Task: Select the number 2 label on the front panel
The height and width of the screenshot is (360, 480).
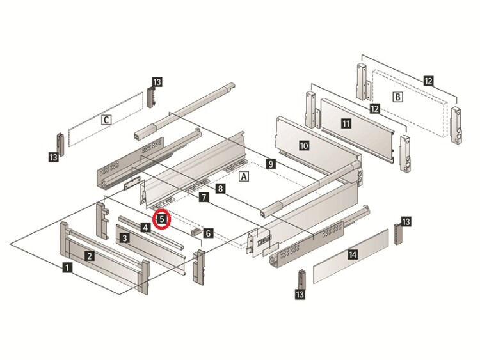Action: pos(90,256)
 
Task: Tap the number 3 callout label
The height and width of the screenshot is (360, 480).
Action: pos(125,238)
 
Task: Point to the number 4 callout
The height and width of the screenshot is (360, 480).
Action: pos(146,228)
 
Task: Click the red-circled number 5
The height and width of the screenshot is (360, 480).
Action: pos(163,219)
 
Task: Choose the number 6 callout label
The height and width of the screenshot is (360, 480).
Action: pos(209,233)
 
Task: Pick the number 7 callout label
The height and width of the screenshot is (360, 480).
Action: pos(203,198)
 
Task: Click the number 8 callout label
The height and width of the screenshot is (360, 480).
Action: pos(220,189)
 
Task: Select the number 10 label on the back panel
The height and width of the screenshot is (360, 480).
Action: pos(304,146)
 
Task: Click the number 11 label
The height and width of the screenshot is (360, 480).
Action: pos(346,123)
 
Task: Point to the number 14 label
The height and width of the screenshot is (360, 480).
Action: pos(352,254)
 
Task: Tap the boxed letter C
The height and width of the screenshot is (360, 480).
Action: pos(107,119)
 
